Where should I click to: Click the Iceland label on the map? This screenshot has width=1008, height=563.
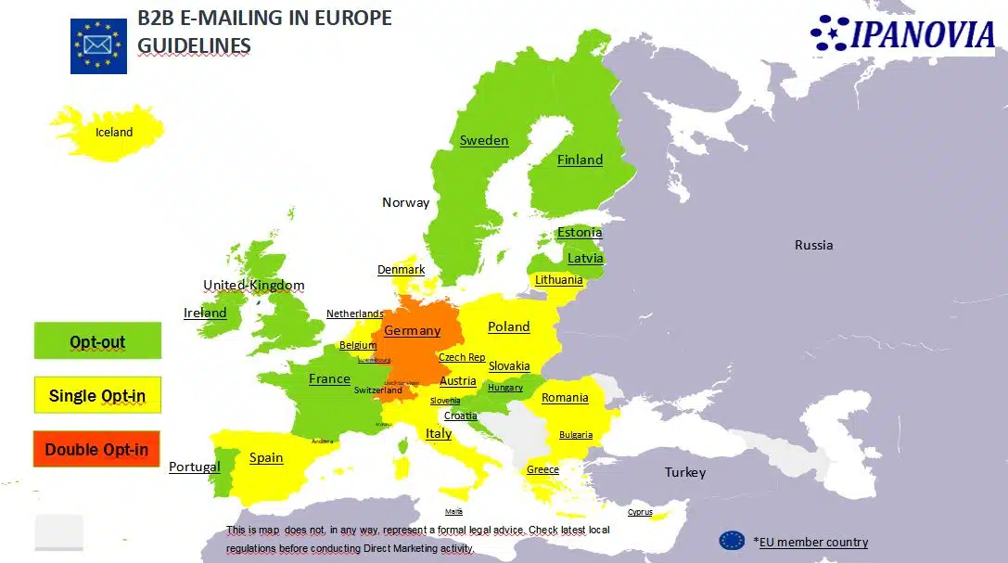[x=114, y=133]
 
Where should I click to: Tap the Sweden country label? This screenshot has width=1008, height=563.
[x=484, y=141]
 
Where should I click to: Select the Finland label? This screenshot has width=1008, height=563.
[x=580, y=160]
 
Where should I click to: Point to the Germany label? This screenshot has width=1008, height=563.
[x=413, y=331]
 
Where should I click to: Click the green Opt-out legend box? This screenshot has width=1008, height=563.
[x=97, y=341]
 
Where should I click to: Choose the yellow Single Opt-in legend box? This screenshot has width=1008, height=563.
[x=97, y=396]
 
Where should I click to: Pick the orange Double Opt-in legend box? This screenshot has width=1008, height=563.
[x=97, y=450]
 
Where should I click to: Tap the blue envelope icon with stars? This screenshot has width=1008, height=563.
[x=98, y=45]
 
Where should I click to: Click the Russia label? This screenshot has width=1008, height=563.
[x=813, y=246]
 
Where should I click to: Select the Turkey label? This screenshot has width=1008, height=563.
[x=685, y=473]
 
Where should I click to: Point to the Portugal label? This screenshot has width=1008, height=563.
[x=195, y=467]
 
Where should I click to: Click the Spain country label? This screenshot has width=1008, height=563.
[x=266, y=457]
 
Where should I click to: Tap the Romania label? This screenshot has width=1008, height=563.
[x=565, y=398]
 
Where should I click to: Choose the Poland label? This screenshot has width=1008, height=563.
[x=509, y=326]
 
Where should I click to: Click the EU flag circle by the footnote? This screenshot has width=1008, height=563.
[x=732, y=541]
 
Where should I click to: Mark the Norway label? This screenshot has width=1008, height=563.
[x=405, y=202]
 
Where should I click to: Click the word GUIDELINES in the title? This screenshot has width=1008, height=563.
[x=194, y=45]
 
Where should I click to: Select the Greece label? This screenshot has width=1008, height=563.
[x=542, y=469]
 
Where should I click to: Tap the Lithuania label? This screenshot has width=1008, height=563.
[x=559, y=279]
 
